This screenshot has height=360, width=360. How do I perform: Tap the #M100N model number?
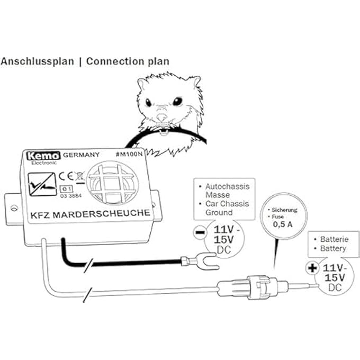pyautogui.click(x=130, y=155)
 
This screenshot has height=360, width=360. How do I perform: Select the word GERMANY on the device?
pyautogui.click(x=80, y=156)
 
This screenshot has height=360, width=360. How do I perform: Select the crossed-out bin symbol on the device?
pyautogui.click(x=79, y=175)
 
